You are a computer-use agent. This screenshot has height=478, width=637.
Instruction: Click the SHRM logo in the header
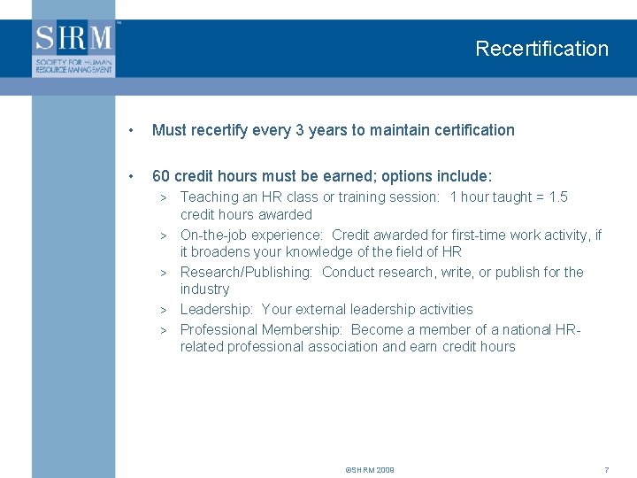click(x=74, y=48)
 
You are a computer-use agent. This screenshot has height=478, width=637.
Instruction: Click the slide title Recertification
click(x=541, y=49)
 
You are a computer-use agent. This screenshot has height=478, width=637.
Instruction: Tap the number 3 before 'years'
click(x=299, y=130)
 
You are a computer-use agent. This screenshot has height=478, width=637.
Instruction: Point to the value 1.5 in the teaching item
click(x=557, y=197)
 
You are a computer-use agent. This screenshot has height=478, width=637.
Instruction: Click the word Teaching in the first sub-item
click(x=210, y=197)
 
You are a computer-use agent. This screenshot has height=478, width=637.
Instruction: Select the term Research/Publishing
click(x=246, y=272)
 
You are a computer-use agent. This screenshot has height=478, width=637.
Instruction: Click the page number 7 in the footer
click(x=606, y=469)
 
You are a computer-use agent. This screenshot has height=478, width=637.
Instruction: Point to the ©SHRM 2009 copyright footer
click(x=370, y=469)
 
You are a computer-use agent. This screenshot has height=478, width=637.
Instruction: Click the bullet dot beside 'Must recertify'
click(x=131, y=131)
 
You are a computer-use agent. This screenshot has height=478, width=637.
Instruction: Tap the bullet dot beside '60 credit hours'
click(x=131, y=176)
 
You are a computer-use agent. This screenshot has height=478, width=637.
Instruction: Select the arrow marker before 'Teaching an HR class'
click(x=164, y=197)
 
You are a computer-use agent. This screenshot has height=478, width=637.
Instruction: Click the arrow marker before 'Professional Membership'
click(x=164, y=330)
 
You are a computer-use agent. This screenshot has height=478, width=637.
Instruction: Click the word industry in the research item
click(x=204, y=289)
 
